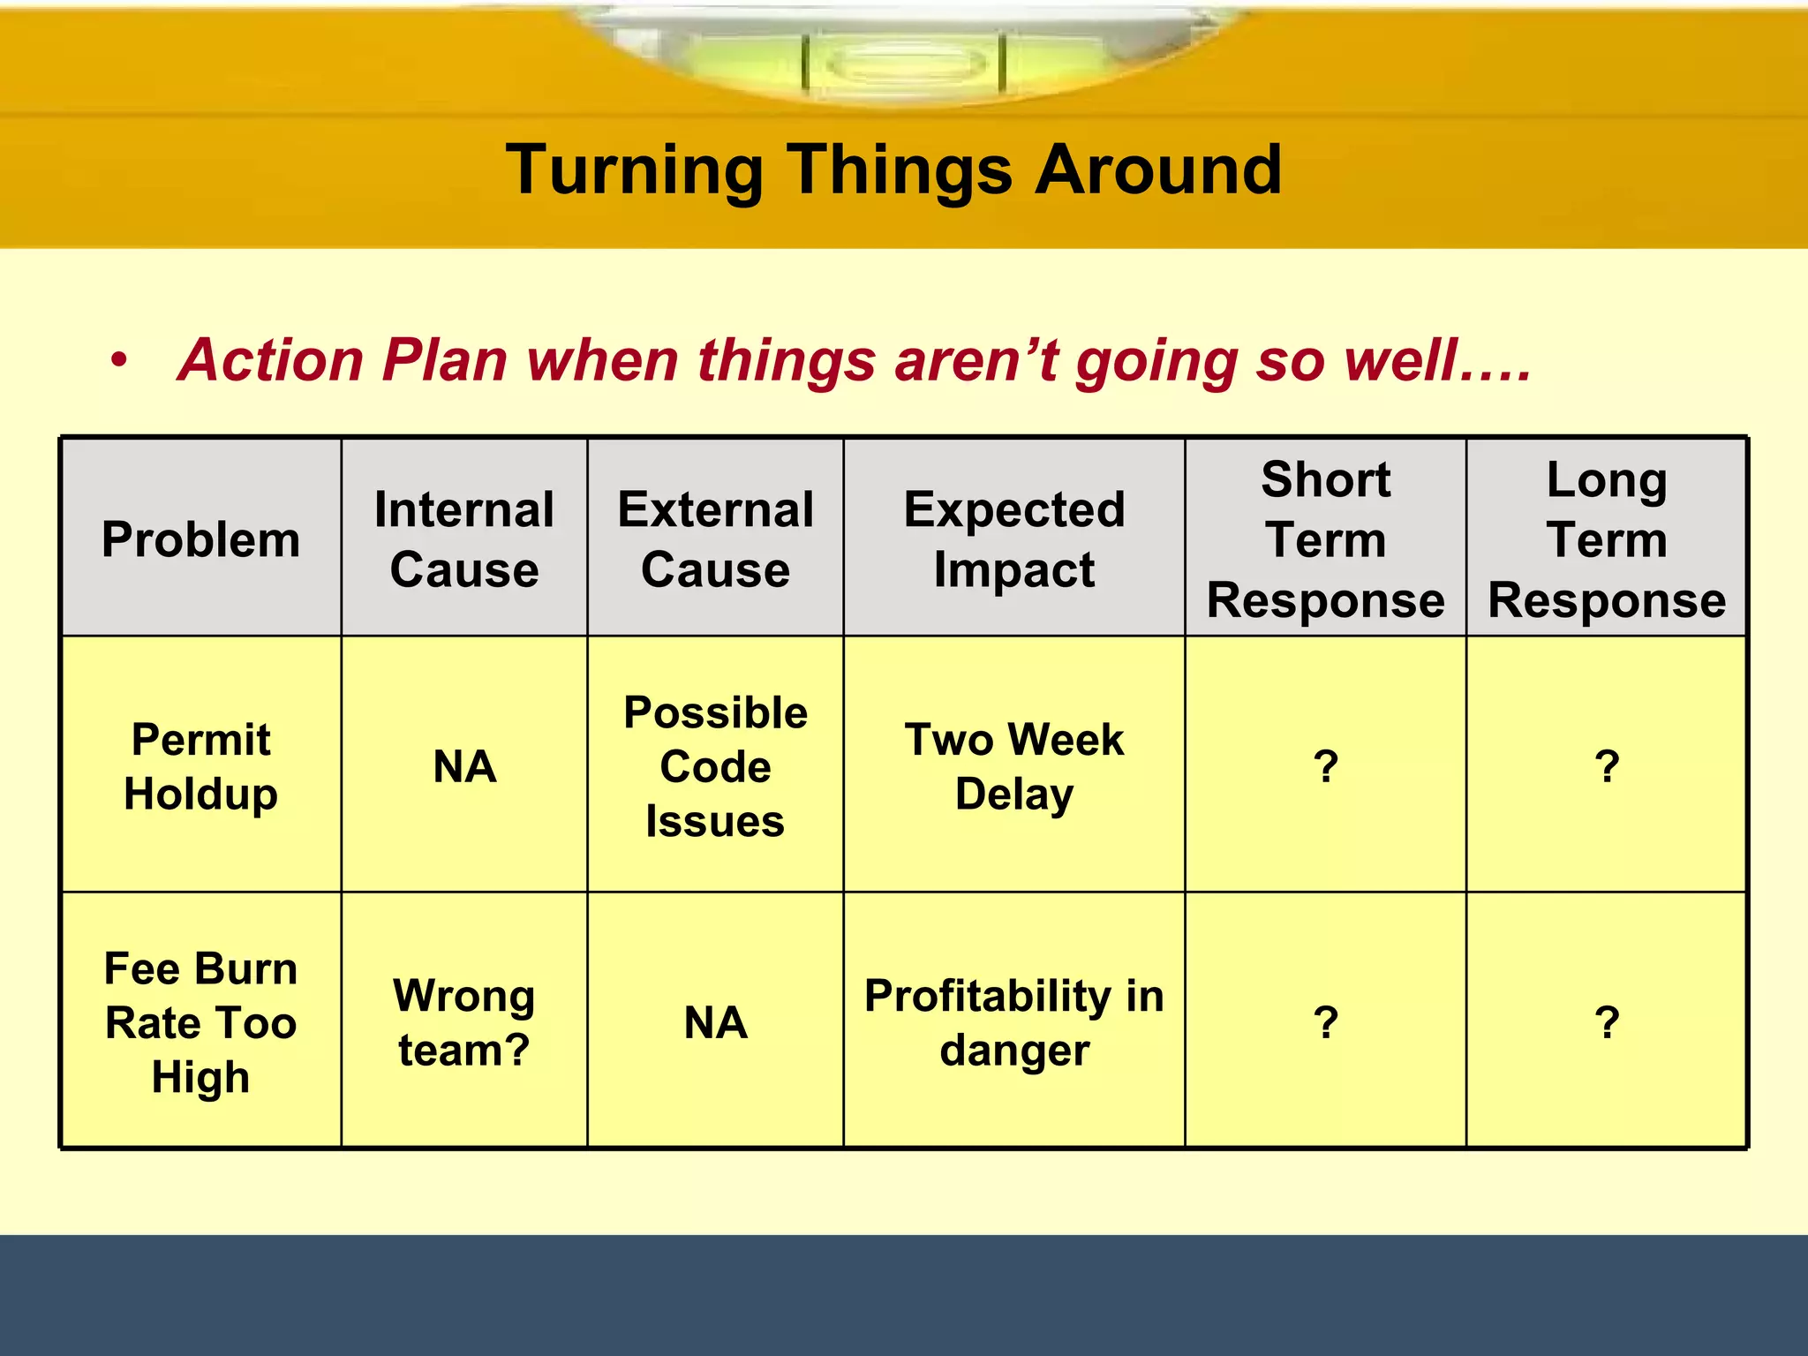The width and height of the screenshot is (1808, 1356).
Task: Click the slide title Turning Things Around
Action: (893, 169)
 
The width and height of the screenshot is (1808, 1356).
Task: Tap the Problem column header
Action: (200, 539)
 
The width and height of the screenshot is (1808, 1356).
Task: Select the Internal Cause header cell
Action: (464, 539)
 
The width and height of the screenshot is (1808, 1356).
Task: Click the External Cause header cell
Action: (715, 539)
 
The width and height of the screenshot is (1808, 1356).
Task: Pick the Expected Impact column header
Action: (1013, 539)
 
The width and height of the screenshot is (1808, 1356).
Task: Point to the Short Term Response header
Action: (1325, 539)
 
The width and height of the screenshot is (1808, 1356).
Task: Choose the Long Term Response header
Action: (1607, 539)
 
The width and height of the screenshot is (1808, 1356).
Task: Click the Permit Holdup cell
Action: (200, 765)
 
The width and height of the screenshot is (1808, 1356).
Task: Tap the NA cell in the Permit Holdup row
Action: (464, 765)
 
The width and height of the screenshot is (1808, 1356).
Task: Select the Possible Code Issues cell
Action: (715, 765)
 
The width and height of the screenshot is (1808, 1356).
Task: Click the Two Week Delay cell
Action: (1013, 765)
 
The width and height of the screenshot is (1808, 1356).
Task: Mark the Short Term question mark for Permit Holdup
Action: (1325, 765)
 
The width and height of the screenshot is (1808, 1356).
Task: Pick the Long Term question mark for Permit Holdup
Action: (1607, 765)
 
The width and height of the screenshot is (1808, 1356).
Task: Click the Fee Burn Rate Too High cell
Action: (200, 1021)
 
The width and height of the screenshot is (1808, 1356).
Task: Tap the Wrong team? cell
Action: (464, 1021)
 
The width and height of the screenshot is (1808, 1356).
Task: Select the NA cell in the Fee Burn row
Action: (715, 1021)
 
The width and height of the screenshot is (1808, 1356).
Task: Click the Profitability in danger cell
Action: (1013, 1021)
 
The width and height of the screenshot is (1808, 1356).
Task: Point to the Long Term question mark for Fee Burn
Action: (1607, 1021)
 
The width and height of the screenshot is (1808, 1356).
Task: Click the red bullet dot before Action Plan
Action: (119, 361)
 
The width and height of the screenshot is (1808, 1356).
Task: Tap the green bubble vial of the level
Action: (904, 64)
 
